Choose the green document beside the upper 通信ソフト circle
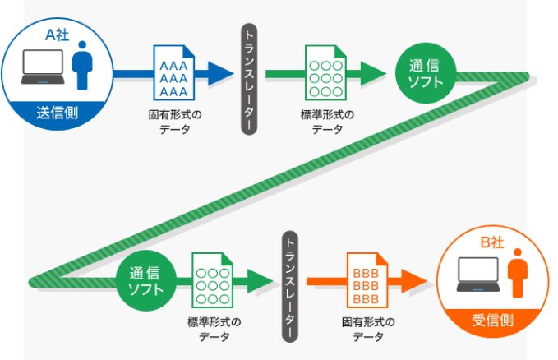coord(326,72)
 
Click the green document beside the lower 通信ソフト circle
coord(212,279)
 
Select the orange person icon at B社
coord(517,277)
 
